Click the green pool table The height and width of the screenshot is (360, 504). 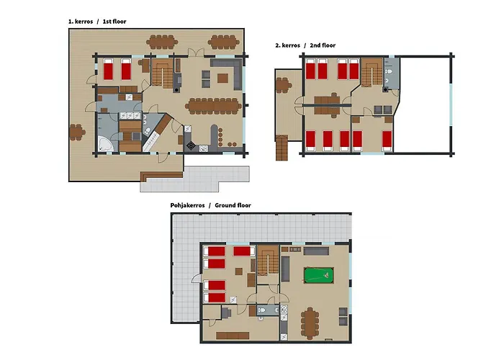point(318,275)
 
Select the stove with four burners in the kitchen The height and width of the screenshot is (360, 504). point(191,145)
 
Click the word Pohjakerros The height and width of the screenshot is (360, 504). point(187,205)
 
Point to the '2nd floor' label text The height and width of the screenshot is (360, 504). point(323,45)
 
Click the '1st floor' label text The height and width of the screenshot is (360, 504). point(114,22)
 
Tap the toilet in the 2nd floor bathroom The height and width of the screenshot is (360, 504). point(388,71)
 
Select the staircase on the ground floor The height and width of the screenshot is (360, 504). point(268,260)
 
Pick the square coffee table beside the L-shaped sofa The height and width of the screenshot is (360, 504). point(222,78)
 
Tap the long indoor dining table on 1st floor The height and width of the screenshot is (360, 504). point(214,106)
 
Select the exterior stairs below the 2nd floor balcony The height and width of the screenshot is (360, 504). point(282,148)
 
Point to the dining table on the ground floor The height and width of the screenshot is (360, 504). point(310,323)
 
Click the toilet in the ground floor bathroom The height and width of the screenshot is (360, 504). point(261,310)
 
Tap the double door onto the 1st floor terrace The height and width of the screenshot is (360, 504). point(196,52)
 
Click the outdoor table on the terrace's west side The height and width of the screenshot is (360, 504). point(77,132)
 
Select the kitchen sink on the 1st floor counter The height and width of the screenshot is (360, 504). point(203,148)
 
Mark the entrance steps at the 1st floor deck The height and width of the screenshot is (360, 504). point(162,176)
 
